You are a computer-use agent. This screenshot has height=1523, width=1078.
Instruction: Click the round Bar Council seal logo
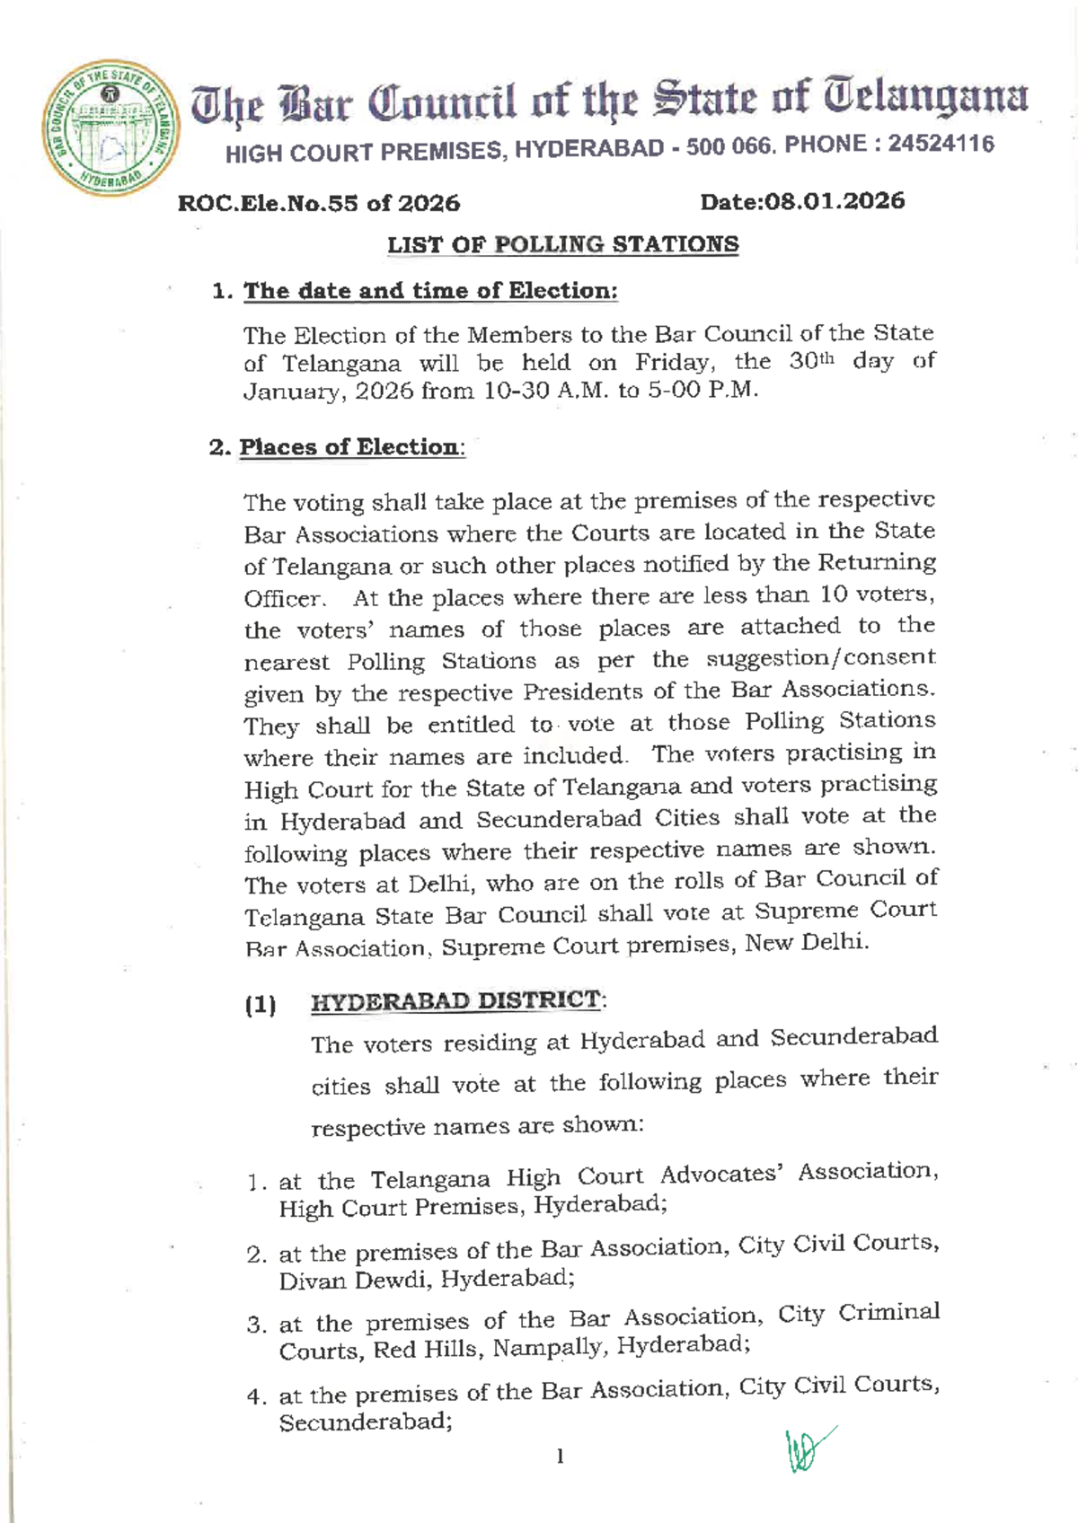tap(110, 129)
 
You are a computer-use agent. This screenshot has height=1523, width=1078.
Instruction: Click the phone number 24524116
tap(941, 144)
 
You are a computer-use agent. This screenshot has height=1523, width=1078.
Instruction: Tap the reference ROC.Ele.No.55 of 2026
tap(319, 203)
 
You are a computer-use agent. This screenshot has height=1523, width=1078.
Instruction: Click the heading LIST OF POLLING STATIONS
tap(562, 244)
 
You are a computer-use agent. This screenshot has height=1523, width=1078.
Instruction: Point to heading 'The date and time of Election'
tap(430, 291)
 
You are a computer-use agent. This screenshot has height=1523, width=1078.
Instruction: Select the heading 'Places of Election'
tap(349, 447)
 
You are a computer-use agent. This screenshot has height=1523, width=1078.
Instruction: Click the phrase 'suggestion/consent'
tap(820, 659)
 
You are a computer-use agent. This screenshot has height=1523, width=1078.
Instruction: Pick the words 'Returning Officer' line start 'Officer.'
tap(284, 599)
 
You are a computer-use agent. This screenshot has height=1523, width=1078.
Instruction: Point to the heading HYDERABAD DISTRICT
tap(455, 1000)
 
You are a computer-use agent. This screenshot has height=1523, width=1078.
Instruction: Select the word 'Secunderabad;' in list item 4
tap(365, 1422)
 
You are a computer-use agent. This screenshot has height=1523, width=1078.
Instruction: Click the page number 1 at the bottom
tap(560, 1456)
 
